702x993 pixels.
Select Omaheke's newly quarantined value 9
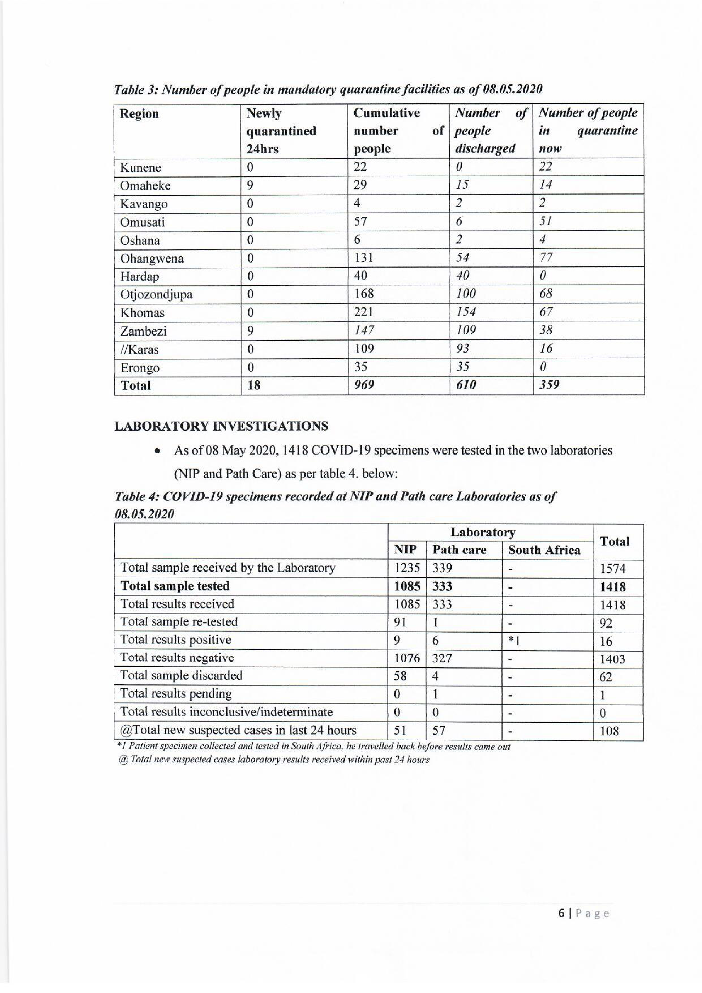(250, 185)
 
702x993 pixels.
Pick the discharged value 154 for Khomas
(466, 312)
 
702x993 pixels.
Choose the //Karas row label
(139, 349)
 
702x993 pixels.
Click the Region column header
(139, 114)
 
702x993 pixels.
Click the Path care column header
(459, 550)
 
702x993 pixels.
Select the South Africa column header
(544, 550)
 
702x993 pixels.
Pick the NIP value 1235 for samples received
(407, 568)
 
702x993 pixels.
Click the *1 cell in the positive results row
(514, 640)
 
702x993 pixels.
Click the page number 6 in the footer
(561, 913)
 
